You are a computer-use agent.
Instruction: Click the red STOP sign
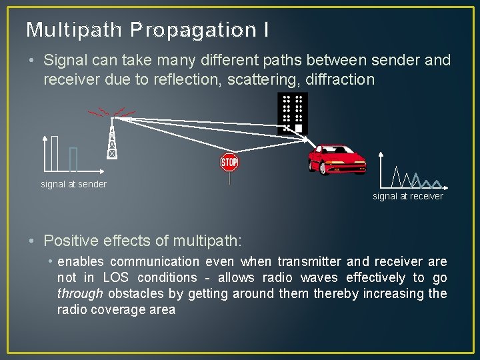point(229,162)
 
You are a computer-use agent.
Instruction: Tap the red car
point(336,161)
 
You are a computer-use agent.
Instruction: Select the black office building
point(293,113)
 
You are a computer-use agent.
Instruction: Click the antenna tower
point(112,137)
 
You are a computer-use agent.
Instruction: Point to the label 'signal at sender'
point(73,184)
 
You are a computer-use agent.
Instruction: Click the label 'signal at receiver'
point(407,196)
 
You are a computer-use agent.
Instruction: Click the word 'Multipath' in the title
point(75,30)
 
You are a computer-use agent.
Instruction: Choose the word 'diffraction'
point(340,79)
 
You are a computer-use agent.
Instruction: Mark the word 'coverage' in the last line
point(118,310)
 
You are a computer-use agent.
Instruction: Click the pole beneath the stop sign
point(229,178)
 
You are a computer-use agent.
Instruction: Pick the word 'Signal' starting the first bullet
point(64,60)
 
